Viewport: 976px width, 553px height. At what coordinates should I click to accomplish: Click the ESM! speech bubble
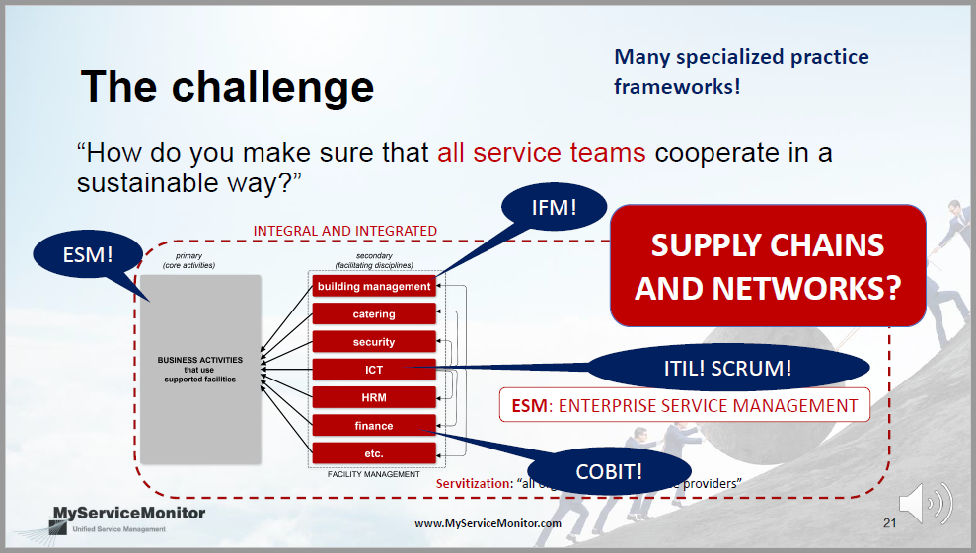[x=88, y=253]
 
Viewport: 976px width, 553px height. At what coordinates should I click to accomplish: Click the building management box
[x=374, y=286]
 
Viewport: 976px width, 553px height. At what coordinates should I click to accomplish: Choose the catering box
[x=374, y=313]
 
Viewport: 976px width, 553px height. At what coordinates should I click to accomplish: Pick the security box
[x=374, y=342]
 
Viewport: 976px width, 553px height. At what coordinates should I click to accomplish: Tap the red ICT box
[x=374, y=370]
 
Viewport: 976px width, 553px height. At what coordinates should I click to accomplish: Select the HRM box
[x=374, y=397]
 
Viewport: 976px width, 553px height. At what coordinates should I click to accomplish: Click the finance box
[x=374, y=426]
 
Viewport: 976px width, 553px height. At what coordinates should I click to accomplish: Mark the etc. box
[x=374, y=453]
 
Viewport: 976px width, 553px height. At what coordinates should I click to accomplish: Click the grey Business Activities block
[x=200, y=369]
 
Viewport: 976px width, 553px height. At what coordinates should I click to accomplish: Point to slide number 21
[x=889, y=523]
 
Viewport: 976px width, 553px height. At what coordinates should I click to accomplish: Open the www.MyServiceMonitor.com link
[x=488, y=523]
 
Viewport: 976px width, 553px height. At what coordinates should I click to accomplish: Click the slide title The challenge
[x=227, y=86]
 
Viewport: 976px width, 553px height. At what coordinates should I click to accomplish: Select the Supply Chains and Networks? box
[x=768, y=265]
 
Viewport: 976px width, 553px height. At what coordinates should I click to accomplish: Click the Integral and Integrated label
[x=344, y=231]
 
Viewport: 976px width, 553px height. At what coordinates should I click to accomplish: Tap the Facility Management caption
[x=374, y=475]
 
